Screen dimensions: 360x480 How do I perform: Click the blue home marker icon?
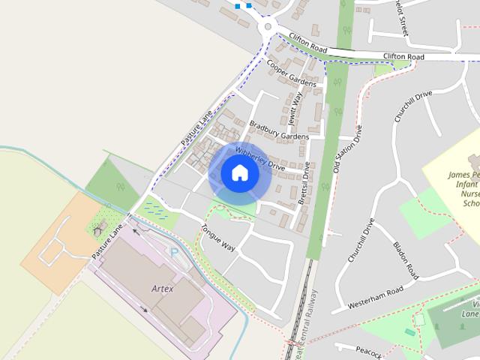[240, 173]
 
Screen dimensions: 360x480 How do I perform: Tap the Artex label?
[162, 289]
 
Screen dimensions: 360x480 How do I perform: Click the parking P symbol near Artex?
[175, 253]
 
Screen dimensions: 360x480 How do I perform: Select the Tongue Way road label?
[218, 237]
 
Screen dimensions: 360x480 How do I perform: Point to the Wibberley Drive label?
[260, 158]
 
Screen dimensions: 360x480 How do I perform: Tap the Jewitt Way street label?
[294, 109]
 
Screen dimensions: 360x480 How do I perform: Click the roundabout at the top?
[268, 28]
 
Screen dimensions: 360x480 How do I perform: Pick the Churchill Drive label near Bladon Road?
[361, 240]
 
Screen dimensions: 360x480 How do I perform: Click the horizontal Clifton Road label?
[403, 56]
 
